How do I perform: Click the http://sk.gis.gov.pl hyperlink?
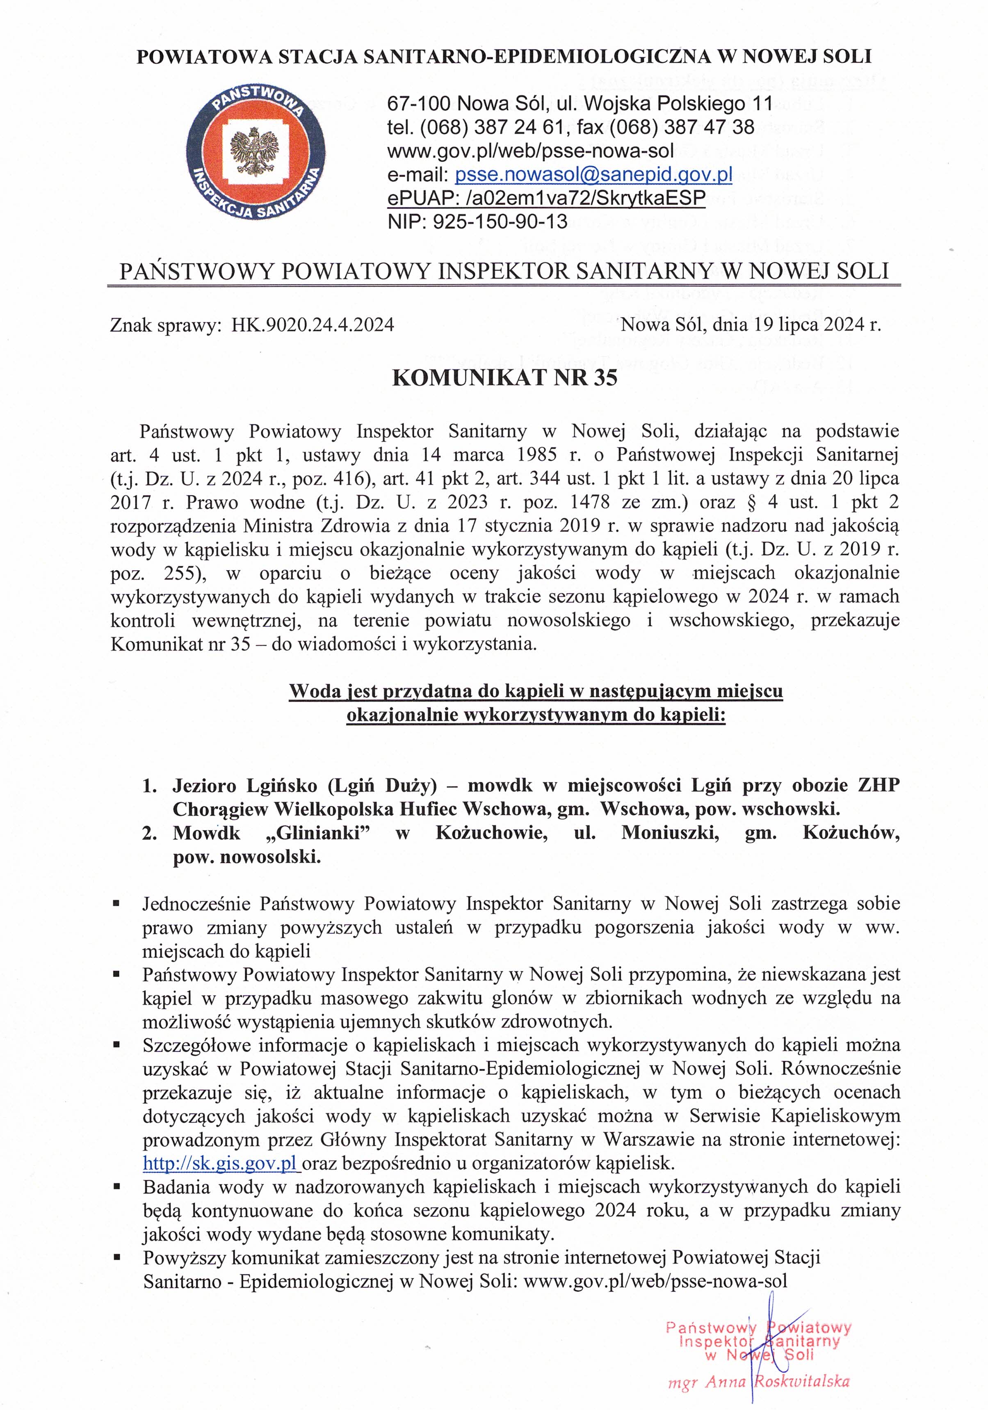220,1163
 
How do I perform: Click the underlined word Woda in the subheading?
313,692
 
